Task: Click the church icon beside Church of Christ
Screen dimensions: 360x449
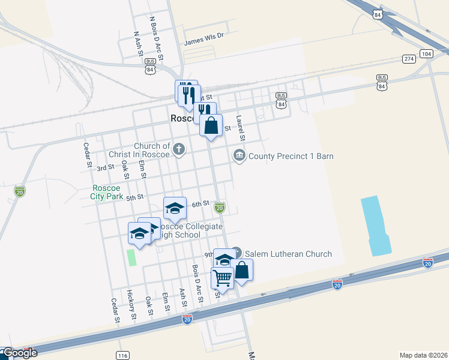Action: pyautogui.click(x=178, y=149)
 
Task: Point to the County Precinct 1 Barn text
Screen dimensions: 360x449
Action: pyautogui.click(x=291, y=156)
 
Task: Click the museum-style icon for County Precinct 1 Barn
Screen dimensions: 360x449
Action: pyautogui.click(x=240, y=156)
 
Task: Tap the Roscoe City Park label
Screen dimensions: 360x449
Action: pyautogui.click(x=107, y=192)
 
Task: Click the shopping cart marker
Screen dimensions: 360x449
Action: pyautogui.click(x=222, y=278)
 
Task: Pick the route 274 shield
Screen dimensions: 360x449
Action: pyautogui.click(x=409, y=59)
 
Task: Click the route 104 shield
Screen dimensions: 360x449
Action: pyautogui.click(x=426, y=54)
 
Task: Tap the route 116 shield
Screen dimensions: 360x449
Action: pyautogui.click(x=123, y=356)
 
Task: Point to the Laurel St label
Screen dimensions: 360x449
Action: pyautogui.click(x=240, y=128)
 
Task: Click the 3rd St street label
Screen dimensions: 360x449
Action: pyautogui.click(x=106, y=167)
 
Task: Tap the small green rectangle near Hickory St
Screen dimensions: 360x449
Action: pyautogui.click(x=131, y=257)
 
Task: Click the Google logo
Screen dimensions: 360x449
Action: pyautogui.click(x=19, y=353)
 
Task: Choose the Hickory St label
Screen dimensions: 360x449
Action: pyautogui.click(x=131, y=305)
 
